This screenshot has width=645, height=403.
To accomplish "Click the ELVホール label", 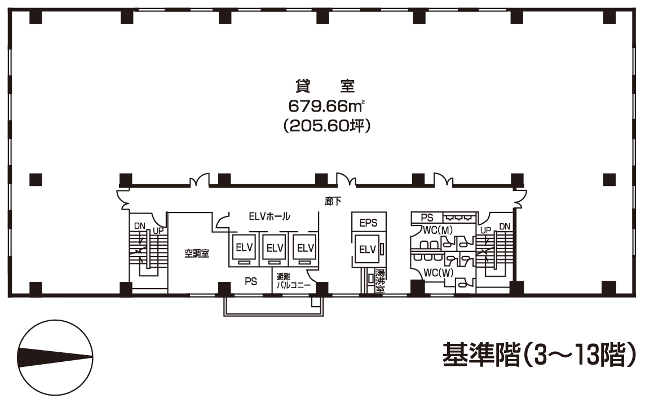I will [270, 216].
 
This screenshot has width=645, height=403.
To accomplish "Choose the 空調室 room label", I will [197, 254].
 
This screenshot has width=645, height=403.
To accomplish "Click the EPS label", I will [368, 222].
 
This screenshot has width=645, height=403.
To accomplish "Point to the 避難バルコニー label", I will [293, 280].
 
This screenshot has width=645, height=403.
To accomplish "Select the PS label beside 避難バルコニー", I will [251, 281].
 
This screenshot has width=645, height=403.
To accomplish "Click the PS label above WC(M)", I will [427, 217].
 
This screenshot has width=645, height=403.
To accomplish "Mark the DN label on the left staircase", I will [139, 226].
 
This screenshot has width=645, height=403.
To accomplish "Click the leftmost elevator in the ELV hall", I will [243, 247].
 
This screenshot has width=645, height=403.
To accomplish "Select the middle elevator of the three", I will [274, 247].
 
